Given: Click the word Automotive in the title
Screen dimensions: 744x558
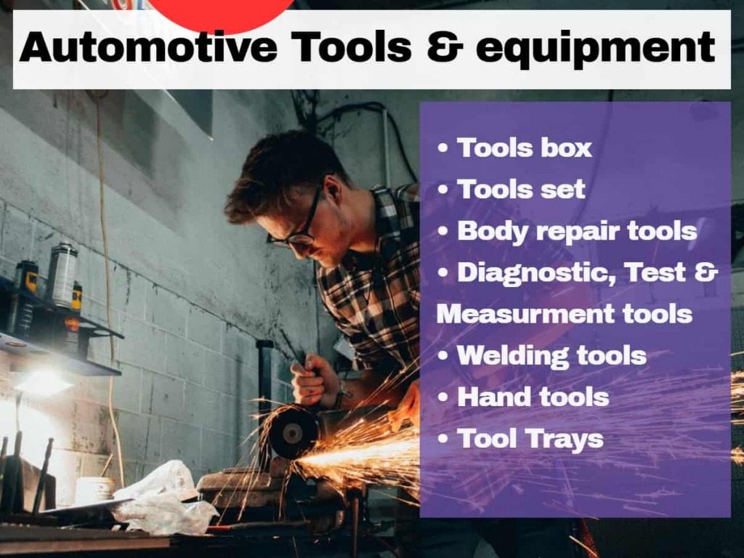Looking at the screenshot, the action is (148, 47).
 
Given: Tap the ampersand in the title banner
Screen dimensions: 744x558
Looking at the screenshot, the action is (445, 47).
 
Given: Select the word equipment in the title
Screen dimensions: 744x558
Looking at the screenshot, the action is (596, 49).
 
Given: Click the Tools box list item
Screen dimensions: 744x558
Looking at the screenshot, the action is (525, 147).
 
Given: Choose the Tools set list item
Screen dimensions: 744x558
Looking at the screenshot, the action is (521, 190).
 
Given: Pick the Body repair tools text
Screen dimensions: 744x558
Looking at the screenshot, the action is (577, 232).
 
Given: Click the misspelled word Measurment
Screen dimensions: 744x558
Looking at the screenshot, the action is (525, 314).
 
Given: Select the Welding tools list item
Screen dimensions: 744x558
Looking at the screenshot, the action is (552, 356).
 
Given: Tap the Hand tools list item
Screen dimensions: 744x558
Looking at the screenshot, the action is (533, 397).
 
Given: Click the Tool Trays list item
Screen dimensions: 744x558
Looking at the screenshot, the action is (530, 439).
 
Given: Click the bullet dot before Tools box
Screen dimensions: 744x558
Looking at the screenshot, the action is (442, 148).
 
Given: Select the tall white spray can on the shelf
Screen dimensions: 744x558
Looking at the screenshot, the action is (63, 275).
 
